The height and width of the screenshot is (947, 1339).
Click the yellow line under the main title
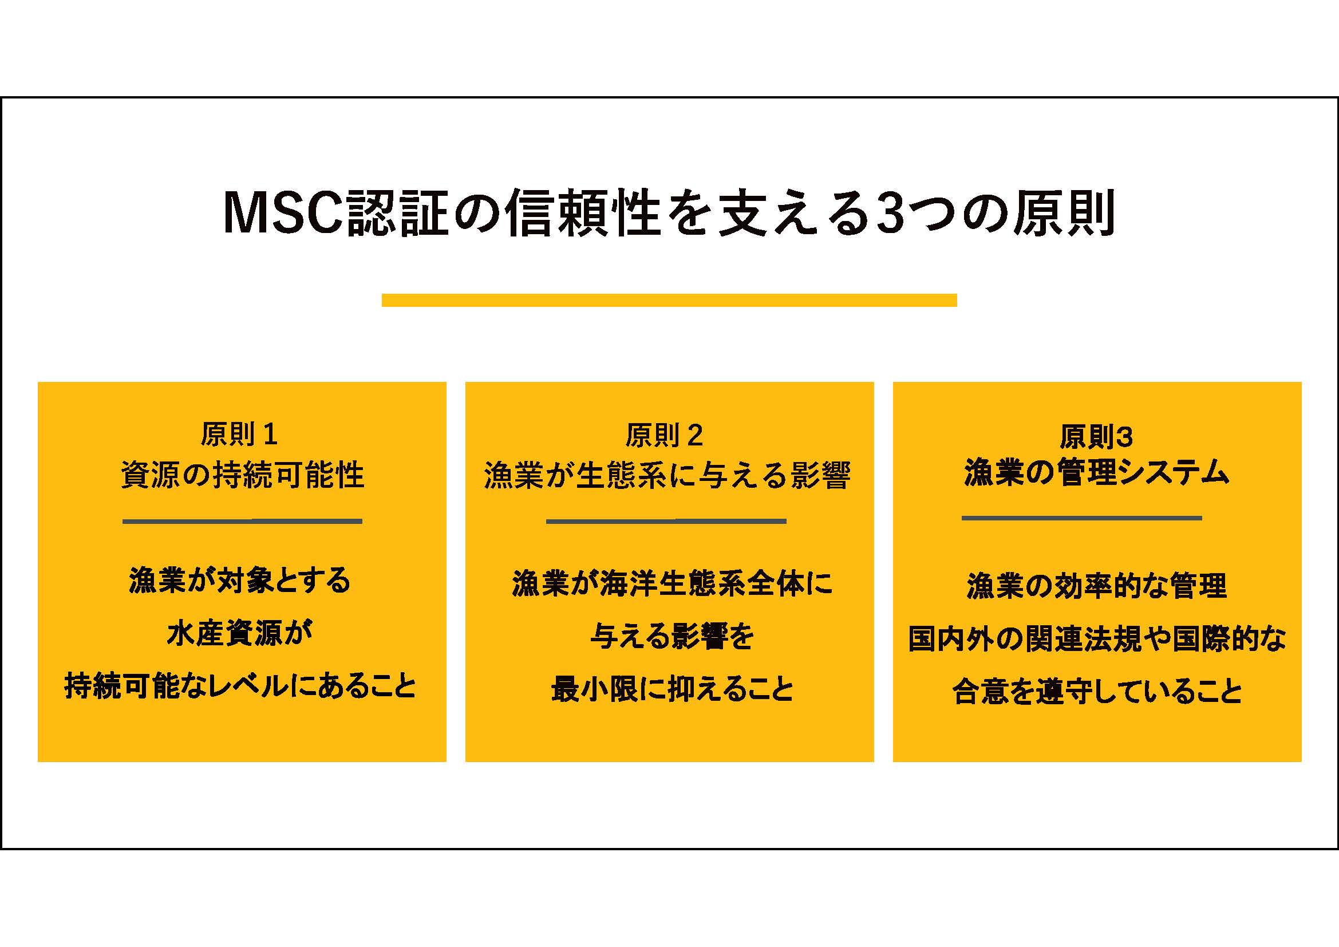coord(670,299)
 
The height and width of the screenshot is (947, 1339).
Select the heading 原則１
coord(239,434)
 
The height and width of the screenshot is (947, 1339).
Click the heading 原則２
coord(664,435)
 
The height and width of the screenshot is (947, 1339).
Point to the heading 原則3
coord(1096,437)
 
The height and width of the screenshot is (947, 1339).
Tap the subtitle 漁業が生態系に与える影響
coord(667,475)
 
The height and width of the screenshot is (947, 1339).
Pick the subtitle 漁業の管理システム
coord(1096,472)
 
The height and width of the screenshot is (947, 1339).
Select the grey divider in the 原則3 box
coord(1082,518)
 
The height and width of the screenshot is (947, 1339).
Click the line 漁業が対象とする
coord(240,581)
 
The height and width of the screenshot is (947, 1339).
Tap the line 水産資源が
coord(240,633)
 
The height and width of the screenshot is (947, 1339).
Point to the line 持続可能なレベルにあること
coord(240,686)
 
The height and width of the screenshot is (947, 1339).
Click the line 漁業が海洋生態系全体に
coord(673,583)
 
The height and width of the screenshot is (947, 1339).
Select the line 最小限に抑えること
coord(673,689)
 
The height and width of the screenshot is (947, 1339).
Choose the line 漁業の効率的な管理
coord(1097,586)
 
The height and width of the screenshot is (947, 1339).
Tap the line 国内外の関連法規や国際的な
coord(1097,638)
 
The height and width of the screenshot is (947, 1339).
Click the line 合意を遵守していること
coord(1097,692)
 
